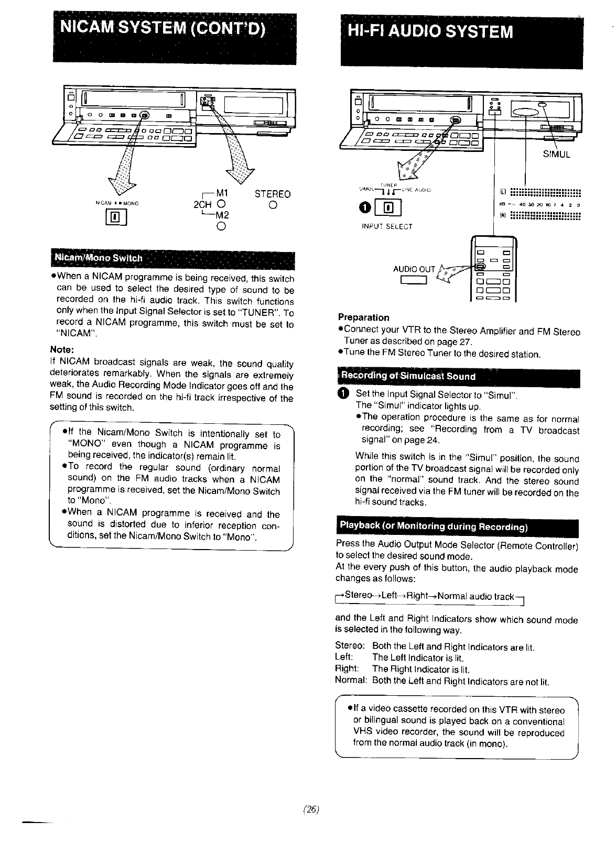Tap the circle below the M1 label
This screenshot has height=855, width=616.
(x=221, y=205)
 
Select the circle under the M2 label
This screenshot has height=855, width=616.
(x=221, y=226)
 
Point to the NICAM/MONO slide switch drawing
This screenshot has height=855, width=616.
(x=115, y=216)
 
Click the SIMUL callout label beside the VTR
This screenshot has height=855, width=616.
(x=556, y=155)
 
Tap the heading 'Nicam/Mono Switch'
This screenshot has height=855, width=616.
(x=98, y=258)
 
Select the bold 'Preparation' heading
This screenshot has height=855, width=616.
(x=363, y=317)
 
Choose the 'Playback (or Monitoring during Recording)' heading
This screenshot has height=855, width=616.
(x=434, y=526)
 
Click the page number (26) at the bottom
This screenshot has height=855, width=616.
(x=311, y=809)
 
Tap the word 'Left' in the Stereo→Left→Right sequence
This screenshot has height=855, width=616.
(x=389, y=596)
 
